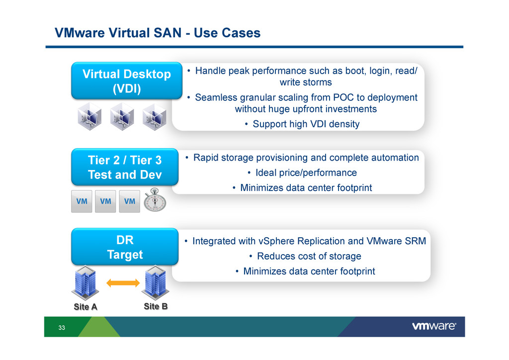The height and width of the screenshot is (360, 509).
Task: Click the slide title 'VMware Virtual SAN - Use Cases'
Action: pos(158,33)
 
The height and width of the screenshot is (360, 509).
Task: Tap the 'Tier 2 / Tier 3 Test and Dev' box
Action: pos(125,167)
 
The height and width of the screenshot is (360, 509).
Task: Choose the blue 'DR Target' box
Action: pos(125,247)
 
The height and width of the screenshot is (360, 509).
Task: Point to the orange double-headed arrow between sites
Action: pos(123,283)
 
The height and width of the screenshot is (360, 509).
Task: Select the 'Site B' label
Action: pos(156,306)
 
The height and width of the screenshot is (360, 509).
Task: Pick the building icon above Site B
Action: pos(156,282)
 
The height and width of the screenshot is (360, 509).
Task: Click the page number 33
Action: pos(62,328)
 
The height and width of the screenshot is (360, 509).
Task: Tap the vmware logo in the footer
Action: pos(434,327)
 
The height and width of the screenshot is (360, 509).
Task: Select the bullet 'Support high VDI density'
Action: pos(306,124)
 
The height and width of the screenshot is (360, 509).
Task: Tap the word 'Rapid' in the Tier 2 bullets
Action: pos(206,158)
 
